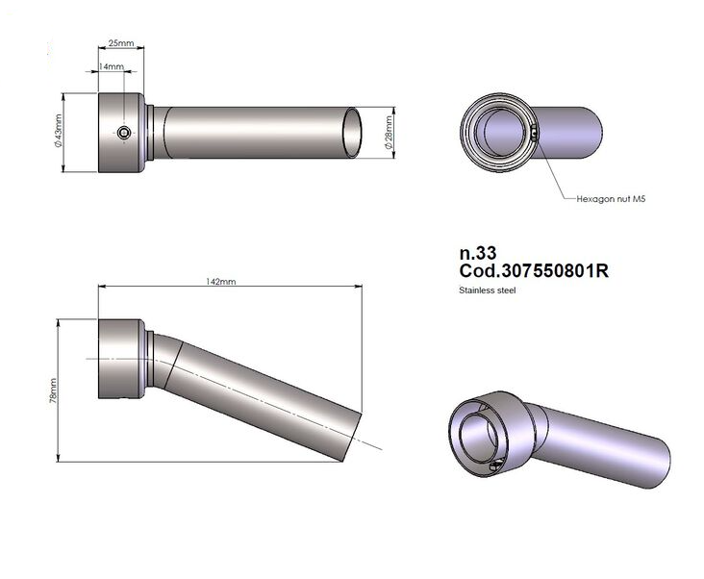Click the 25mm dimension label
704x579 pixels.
pos(120,44)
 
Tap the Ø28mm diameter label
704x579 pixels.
pos(389,133)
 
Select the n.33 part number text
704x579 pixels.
pos(477,254)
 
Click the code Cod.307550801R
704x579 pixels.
pos(534,272)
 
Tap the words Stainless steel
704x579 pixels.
pos(489,289)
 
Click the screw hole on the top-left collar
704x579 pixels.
pos(123,132)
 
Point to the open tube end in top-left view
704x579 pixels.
pos(355,133)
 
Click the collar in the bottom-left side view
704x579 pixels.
pos(121,359)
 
